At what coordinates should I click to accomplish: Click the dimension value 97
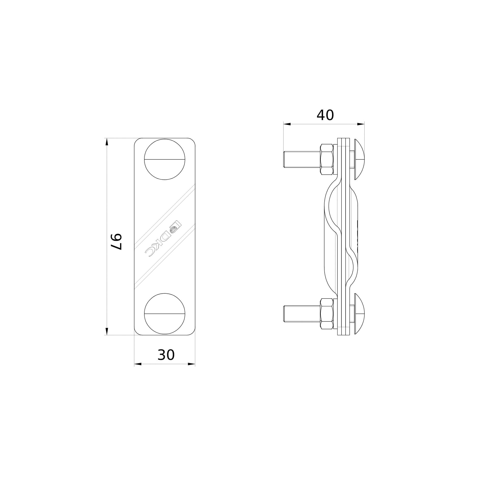click(x=116, y=242)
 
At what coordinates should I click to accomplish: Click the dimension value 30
click(x=166, y=355)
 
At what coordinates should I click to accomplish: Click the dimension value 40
click(x=325, y=115)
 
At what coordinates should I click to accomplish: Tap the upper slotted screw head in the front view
click(x=165, y=159)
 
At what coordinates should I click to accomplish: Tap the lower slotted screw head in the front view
click(x=165, y=313)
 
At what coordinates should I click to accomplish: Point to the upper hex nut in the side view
click(x=327, y=159)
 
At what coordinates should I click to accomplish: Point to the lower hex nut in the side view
click(x=327, y=314)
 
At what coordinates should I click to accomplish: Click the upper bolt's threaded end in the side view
click(x=302, y=159)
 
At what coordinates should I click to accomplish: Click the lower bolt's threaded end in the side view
click(x=302, y=314)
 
